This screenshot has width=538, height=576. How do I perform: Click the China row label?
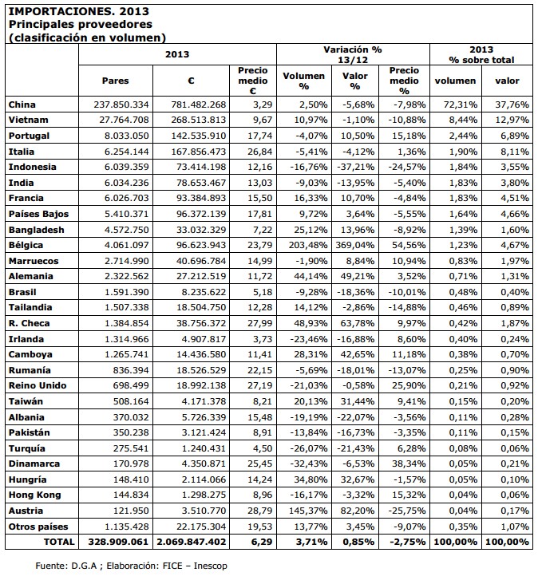[x=22, y=105]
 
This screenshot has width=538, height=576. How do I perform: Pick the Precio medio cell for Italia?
[x=252, y=151]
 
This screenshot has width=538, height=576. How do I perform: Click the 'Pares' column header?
[x=116, y=81]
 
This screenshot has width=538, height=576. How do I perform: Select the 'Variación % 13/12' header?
[x=352, y=54]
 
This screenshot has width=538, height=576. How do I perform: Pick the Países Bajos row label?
[x=38, y=214]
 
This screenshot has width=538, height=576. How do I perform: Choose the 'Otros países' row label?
[x=38, y=526]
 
